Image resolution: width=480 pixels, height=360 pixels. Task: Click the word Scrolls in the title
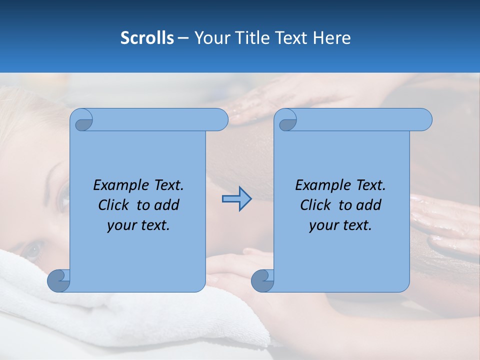click(x=147, y=38)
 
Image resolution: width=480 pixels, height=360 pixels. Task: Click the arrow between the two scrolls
click(x=236, y=199)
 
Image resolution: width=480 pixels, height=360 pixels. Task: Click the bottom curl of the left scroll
click(x=58, y=281)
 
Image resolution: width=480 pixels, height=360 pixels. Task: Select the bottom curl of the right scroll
click(x=262, y=281)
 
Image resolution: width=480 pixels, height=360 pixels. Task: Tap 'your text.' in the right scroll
click(x=340, y=225)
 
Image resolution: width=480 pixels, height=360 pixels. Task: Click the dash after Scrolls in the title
click(x=183, y=38)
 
